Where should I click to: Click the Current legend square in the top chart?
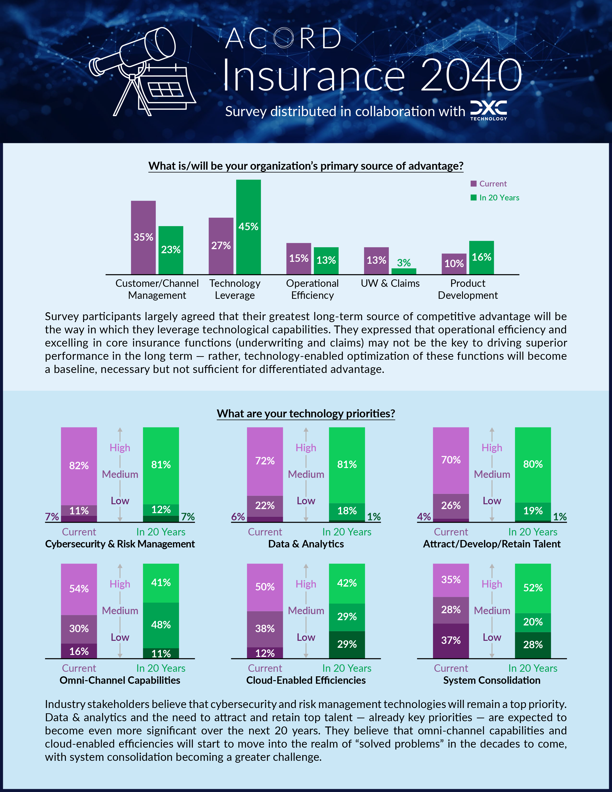pyautogui.click(x=474, y=184)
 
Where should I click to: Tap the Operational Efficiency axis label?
pyautogui.click(x=312, y=289)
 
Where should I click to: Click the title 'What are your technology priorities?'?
pyautogui.click(x=306, y=414)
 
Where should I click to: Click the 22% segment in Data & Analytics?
pyautogui.click(x=265, y=505)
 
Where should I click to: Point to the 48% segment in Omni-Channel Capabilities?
pyautogui.click(x=161, y=624)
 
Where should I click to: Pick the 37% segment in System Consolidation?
pyautogui.click(x=451, y=640)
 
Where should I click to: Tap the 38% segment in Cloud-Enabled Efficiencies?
pyautogui.click(x=265, y=629)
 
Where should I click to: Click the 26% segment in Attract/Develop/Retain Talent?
pyautogui.click(x=451, y=505)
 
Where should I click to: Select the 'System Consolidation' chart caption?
pyautogui.click(x=492, y=680)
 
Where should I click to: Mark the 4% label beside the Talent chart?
pyautogui.click(x=424, y=516)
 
